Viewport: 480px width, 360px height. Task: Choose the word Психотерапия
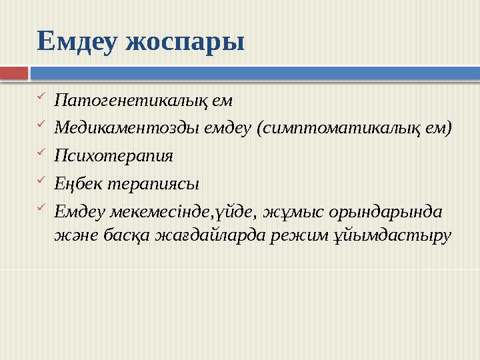(x=114, y=156)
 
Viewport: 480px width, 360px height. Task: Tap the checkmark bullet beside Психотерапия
(x=41, y=154)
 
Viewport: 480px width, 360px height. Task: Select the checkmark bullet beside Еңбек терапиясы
(x=41, y=181)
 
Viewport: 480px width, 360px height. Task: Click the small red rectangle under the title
(x=14, y=71)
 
